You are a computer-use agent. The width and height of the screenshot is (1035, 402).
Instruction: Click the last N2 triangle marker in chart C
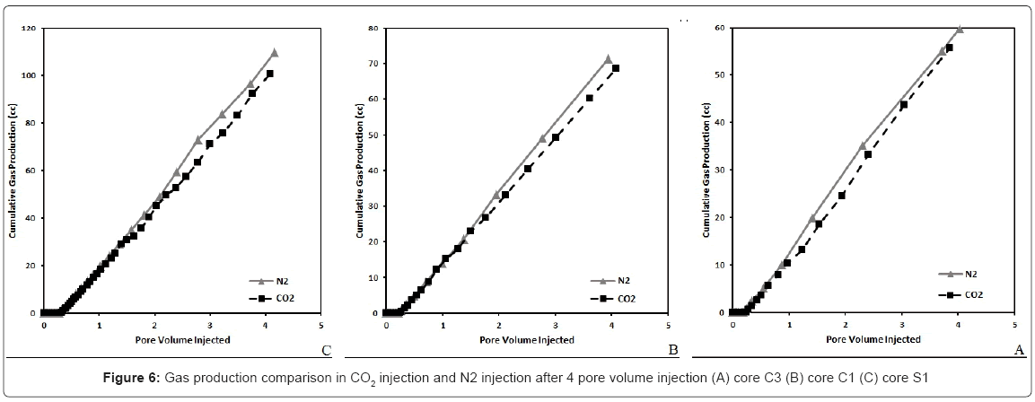coord(274,52)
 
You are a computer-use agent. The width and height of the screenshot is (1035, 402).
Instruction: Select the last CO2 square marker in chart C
coord(269,74)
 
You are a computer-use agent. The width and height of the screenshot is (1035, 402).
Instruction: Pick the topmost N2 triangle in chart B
coord(608,58)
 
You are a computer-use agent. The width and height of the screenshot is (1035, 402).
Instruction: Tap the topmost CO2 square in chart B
coord(616,68)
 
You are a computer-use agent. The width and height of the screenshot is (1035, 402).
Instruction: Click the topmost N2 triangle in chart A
coord(959,29)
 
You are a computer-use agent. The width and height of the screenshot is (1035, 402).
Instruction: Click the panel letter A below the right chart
coord(1018,349)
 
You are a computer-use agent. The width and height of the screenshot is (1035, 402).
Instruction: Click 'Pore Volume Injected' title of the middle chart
coord(527,339)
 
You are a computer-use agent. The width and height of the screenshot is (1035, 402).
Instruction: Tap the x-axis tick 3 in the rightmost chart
coord(901,324)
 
